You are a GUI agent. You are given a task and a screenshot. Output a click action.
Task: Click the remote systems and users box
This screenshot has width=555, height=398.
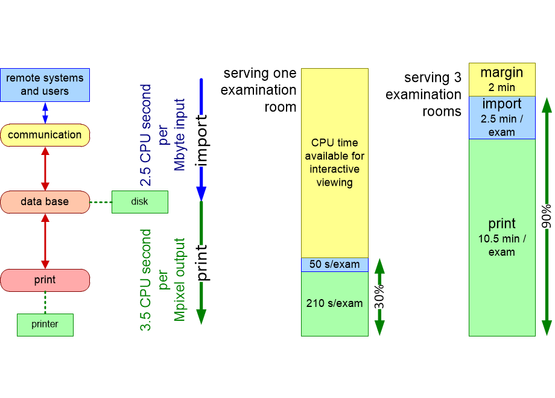click(45, 84)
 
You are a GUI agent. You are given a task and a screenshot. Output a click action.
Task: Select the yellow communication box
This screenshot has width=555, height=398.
click(45, 135)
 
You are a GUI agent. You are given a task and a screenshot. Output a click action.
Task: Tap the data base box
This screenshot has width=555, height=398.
click(45, 202)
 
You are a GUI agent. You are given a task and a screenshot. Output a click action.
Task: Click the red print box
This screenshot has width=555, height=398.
click(45, 280)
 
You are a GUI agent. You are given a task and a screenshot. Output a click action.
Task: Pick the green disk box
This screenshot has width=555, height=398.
click(139, 202)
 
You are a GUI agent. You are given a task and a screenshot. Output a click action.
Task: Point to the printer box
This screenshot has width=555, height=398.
click(45, 324)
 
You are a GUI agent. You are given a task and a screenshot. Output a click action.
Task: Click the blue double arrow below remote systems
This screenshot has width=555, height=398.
click(45, 113)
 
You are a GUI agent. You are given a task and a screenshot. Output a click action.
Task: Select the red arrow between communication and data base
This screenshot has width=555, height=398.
click(45, 168)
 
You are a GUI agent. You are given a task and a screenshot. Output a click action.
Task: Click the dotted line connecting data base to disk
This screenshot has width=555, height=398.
click(101, 202)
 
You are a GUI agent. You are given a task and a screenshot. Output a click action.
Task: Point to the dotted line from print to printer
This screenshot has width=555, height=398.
click(45, 302)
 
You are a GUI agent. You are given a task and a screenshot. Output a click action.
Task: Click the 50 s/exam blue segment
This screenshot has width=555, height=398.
click(334, 265)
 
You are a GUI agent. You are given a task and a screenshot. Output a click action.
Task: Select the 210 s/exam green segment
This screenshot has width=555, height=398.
click(334, 303)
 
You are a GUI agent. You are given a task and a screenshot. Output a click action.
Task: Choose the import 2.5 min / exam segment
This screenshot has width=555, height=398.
click(501, 118)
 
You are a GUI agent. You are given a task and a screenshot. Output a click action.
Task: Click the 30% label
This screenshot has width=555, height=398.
click(379, 297)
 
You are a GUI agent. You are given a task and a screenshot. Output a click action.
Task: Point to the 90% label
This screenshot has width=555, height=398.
click(546, 215)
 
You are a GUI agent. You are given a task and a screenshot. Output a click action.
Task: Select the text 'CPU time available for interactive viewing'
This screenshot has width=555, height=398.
click(334, 162)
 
